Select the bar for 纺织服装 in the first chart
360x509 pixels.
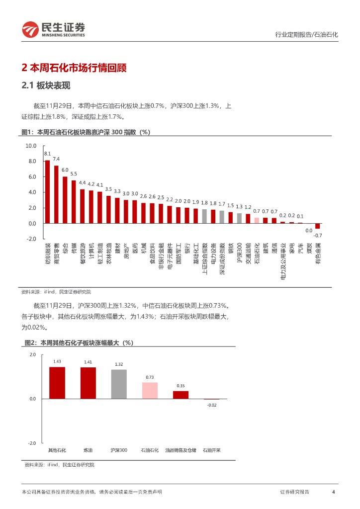click(47, 191)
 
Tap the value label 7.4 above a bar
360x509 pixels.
click(56, 159)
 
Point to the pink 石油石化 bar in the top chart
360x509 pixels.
click(257, 220)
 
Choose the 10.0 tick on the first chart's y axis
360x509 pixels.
click(31, 146)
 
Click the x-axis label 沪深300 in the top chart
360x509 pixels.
click(239, 254)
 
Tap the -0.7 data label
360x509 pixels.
click(318, 235)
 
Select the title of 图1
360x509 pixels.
click(86, 132)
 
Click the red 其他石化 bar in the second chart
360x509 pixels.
click(57, 383)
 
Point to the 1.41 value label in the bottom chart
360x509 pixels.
click(88, 362)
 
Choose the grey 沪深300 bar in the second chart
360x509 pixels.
click(119, 384)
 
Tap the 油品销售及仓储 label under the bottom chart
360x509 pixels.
click(180, 450)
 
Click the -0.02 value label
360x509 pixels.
click(212, 405)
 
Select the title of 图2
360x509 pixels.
click(79, 343)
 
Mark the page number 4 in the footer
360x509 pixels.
click(333, 492)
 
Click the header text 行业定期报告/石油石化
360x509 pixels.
click(306, 35)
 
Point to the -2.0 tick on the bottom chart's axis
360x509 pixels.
click(32, 443)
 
